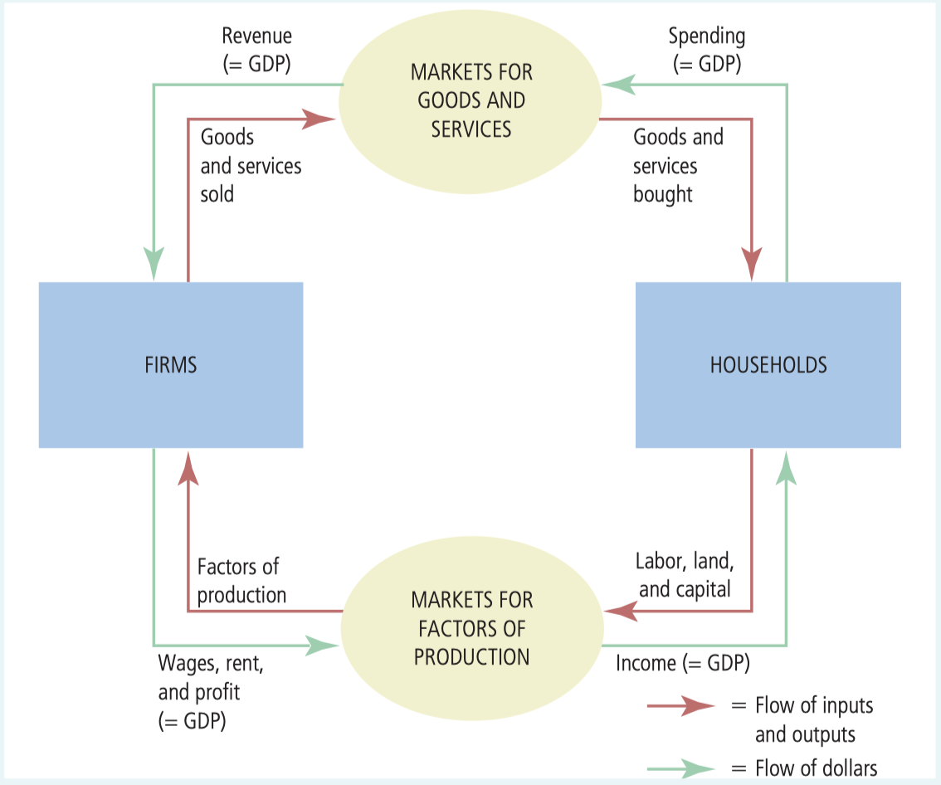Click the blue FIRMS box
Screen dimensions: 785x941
pos(170,365)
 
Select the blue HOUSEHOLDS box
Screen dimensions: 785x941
pos(768,365)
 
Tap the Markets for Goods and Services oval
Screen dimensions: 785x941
pos(470,100)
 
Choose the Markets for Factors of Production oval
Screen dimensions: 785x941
pos(470,628)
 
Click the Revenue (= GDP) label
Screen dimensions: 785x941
pos(256,50)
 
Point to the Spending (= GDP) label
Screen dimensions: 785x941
pos(706,50)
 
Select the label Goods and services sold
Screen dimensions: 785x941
pos(251,165)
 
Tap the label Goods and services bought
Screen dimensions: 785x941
pos(678,165)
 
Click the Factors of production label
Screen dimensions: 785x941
pos(241,581)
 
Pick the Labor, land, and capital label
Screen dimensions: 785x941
pos(685,575)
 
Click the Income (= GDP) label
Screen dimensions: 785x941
pos(682,663)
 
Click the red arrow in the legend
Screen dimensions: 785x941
pos(680,706)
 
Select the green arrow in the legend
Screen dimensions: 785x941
pos(680,768)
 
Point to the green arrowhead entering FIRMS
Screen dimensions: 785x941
pos(154,264)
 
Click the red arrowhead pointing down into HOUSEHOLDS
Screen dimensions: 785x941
pos(752,264)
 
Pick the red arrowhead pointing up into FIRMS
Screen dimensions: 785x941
pos(188,468)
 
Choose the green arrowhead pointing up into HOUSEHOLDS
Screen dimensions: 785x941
pos(787,468)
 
